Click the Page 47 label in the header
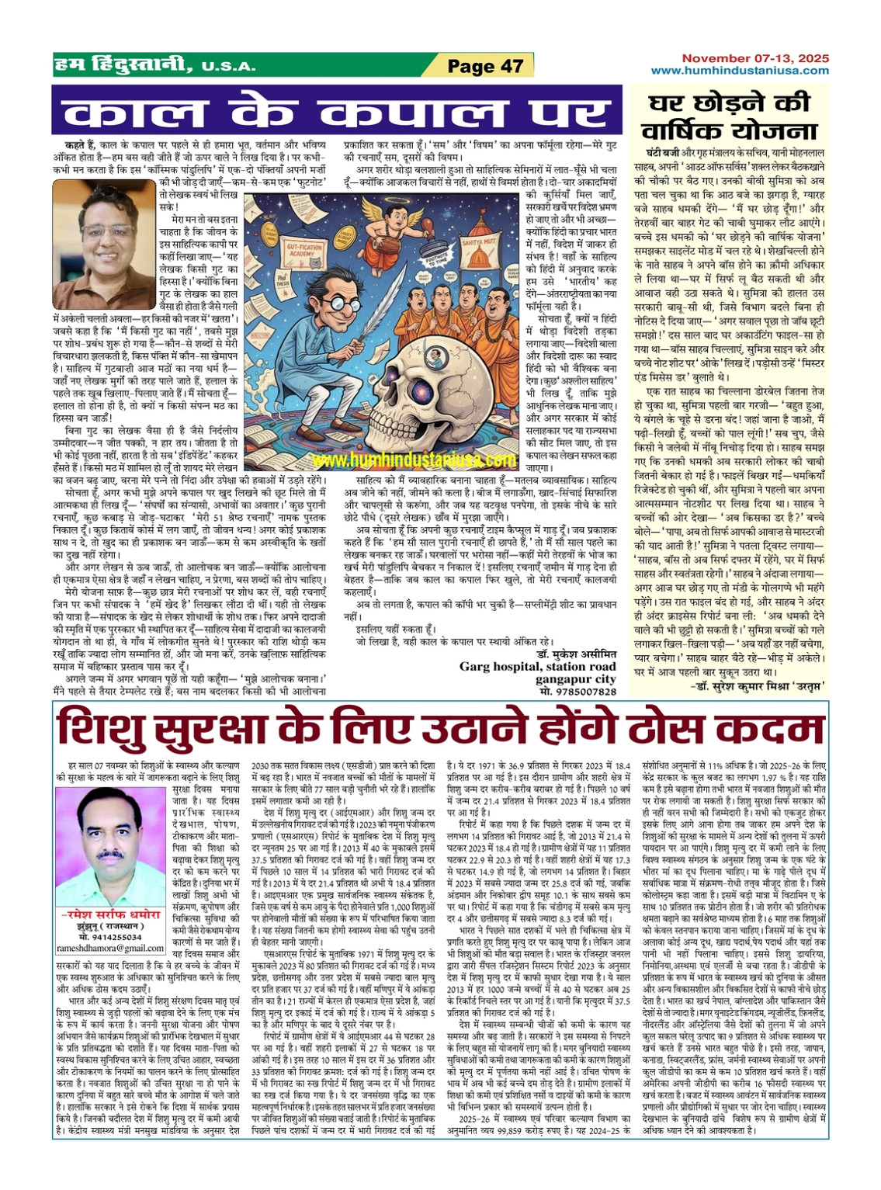pos(485,66)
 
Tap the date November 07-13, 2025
pos(755,58)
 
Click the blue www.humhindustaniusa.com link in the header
pos(739,71)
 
